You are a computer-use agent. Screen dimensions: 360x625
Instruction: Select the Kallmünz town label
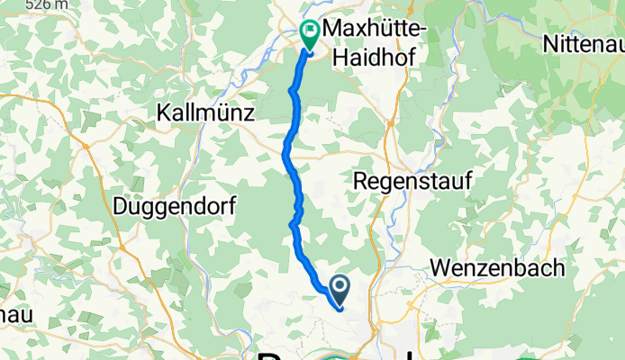pos(206,113)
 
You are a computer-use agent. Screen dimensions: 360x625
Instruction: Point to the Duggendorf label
pos(175,206)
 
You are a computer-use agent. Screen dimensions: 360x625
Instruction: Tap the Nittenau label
pos(584,42)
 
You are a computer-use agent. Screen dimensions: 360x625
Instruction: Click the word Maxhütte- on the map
pos(374,32)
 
